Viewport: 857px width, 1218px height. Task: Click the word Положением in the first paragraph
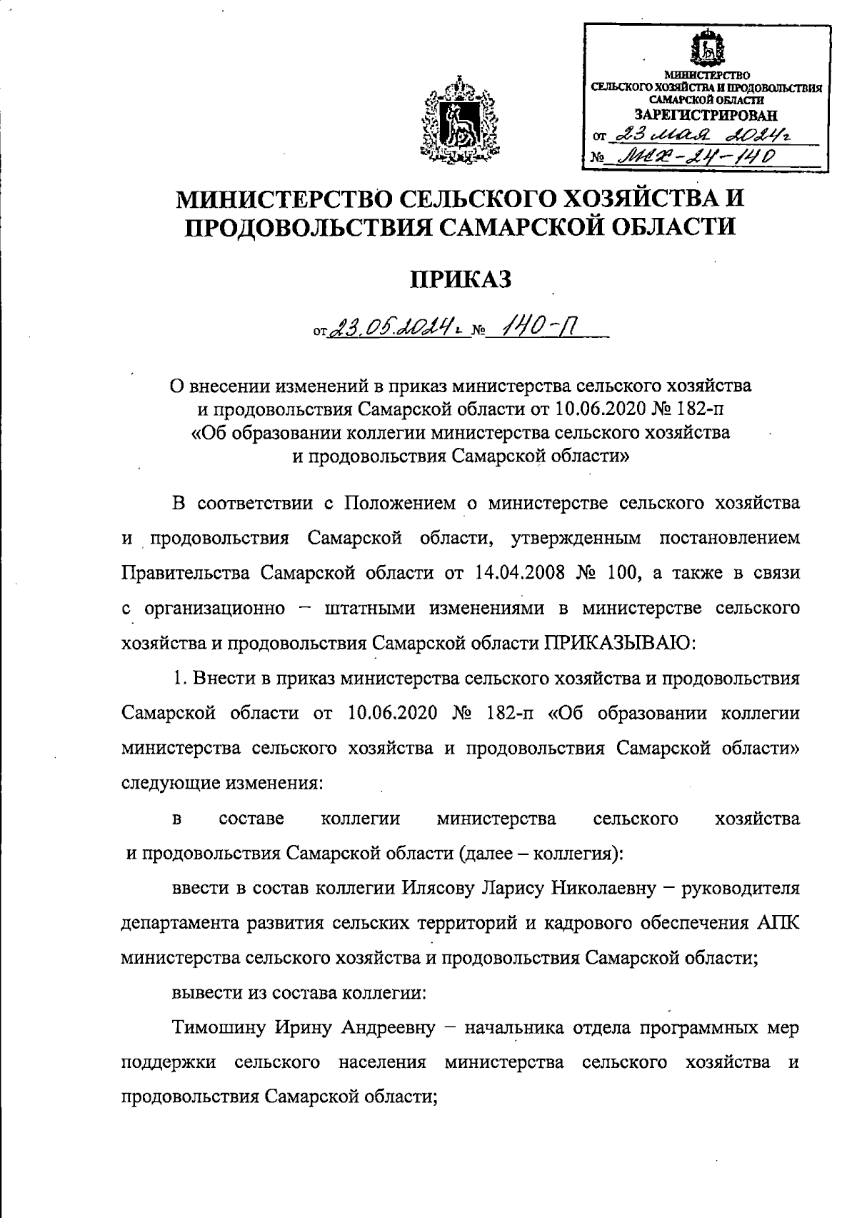click(399, 503)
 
